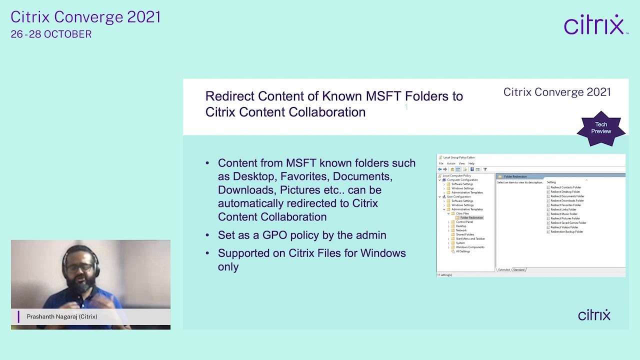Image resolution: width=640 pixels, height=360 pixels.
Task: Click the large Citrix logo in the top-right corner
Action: [595, 25]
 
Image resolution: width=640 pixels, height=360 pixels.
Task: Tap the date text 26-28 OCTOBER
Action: [51, 34]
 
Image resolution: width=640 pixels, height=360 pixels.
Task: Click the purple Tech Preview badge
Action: [601, 128]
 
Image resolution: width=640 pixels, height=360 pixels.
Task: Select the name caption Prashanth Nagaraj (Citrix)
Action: [61, 316]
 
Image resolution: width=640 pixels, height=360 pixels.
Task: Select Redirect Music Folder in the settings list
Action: [563, 214]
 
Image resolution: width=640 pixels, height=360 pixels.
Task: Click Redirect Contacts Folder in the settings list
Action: [565, 187]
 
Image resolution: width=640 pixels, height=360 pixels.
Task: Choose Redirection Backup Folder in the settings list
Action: [566, 231]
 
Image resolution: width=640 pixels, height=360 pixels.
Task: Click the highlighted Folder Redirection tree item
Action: [471, 218]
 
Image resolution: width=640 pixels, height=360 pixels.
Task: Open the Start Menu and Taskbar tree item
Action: [470, 239]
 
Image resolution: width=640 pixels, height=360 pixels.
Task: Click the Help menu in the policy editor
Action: [471, 163]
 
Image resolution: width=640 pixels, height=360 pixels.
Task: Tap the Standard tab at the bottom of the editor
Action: [519, 270]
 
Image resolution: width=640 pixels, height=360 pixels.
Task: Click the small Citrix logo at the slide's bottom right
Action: [594, 315]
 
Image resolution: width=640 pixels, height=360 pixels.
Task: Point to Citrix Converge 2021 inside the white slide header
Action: [556, 92]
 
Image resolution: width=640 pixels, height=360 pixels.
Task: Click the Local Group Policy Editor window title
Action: [458, 157]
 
